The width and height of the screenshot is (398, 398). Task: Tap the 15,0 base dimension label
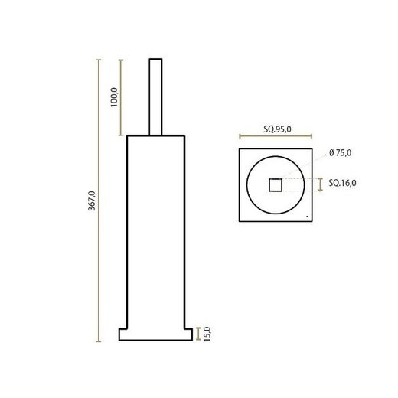coord(207,334)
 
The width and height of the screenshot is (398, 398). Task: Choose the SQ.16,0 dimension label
coord(342,184)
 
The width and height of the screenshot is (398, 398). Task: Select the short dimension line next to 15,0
coord(199,334)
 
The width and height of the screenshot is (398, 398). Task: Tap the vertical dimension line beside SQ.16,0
coord(321,184)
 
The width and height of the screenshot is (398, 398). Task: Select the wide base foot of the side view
coord(156,334)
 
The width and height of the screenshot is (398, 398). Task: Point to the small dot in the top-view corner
coord(307,217)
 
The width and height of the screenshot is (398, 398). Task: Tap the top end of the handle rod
coord(156,58)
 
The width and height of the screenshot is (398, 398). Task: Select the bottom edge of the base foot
coord(156,341)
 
